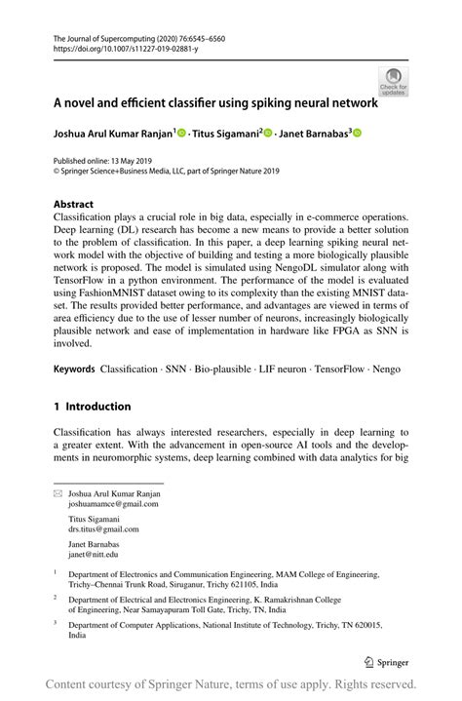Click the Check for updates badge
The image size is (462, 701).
pyautogui.click(x=393, y=81)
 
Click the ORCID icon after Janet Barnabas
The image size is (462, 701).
pyautogui.click(x=357, y=134)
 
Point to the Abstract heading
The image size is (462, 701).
pyautogui.click(x=74, y=205)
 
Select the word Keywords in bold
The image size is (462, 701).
pyautogui.click(x=74, y=370)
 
